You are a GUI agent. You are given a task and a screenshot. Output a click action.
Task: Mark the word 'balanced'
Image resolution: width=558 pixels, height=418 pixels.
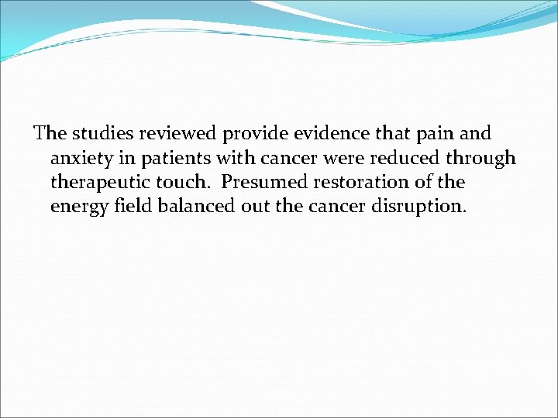pos(191,207)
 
